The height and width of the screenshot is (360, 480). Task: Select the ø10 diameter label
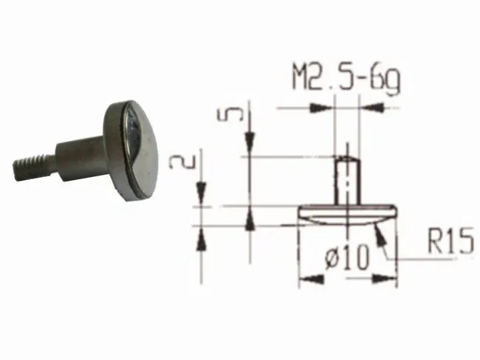[346, 257]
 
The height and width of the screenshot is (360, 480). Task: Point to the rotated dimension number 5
[230, 114]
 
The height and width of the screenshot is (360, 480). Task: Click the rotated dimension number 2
[182, 162]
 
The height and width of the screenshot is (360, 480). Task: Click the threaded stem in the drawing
[347, 180]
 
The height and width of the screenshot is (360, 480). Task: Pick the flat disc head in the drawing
[348, 215]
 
